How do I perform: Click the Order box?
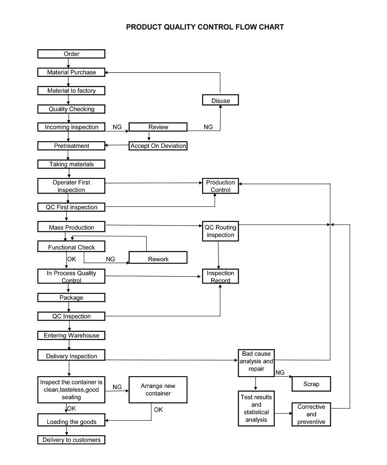pyautogui.click(x=71, y=54)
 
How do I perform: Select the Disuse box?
pyautogui.click(x=221, y=100)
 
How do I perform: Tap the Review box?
pyautogui.click(x=158, y=127)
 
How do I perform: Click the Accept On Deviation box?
pyautogui.click(x=158, y=146)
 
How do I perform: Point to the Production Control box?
pyautogui.click(x=221, y=186)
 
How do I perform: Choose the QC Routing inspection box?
pyautogui.click(x=221, y=231)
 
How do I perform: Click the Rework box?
pyautogui.click(x=158, y=257)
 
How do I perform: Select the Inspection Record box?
pyautogui.click(x=221, y=276)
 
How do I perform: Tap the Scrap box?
pyautogui.click(x=311, y=384)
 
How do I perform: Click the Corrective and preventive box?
pyautogui.click(x=311, y=414)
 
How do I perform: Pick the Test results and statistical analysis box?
pyautogui.click(x=256, y=409)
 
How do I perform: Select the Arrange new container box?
pyautogui.click(x=158, y=390)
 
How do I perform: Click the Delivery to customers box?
pyautogui.click(x=71, y=440)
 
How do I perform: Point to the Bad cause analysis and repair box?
pyautogui.click(x=256, y=363)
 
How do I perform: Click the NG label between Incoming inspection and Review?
pyautogui.click(x=117, y=127)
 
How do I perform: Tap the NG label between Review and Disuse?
pyautogui.click(x=208, y=127)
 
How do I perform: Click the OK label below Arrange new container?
pyautogui.click(x=158, y=409)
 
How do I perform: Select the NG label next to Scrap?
pyautogui.click(x=280, y=372)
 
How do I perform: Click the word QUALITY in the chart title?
pyautogui.click(x=180, y=27)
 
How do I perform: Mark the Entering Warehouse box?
pyautogui.click(x=71, y=335)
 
